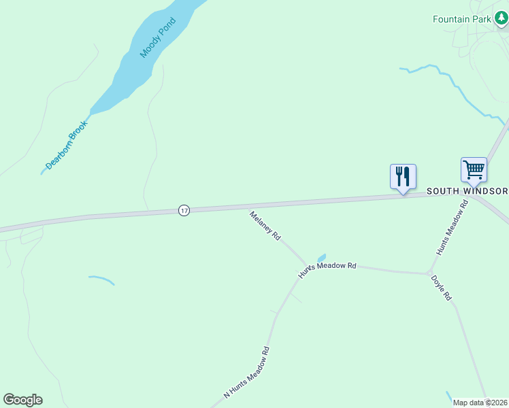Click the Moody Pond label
(x=158, y=37)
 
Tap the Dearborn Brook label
(x=67, y=145)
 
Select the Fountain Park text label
(x=461, y=19)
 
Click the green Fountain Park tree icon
(x=502, y=19)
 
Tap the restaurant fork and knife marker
(x=403, y=177)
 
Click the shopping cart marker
(x=474, y=169)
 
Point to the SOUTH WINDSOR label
(x=467, y=191)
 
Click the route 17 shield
(x=184, y=211)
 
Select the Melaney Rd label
(x=265, y=226)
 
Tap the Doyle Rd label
(x=442, y=288)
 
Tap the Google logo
(x=22, y=400)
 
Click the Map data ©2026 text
(x=480, y=403)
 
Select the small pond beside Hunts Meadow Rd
(x=321, y=258)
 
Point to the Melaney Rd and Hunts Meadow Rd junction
(x=308, y=265)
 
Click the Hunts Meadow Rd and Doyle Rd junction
(x=429, y=273)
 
